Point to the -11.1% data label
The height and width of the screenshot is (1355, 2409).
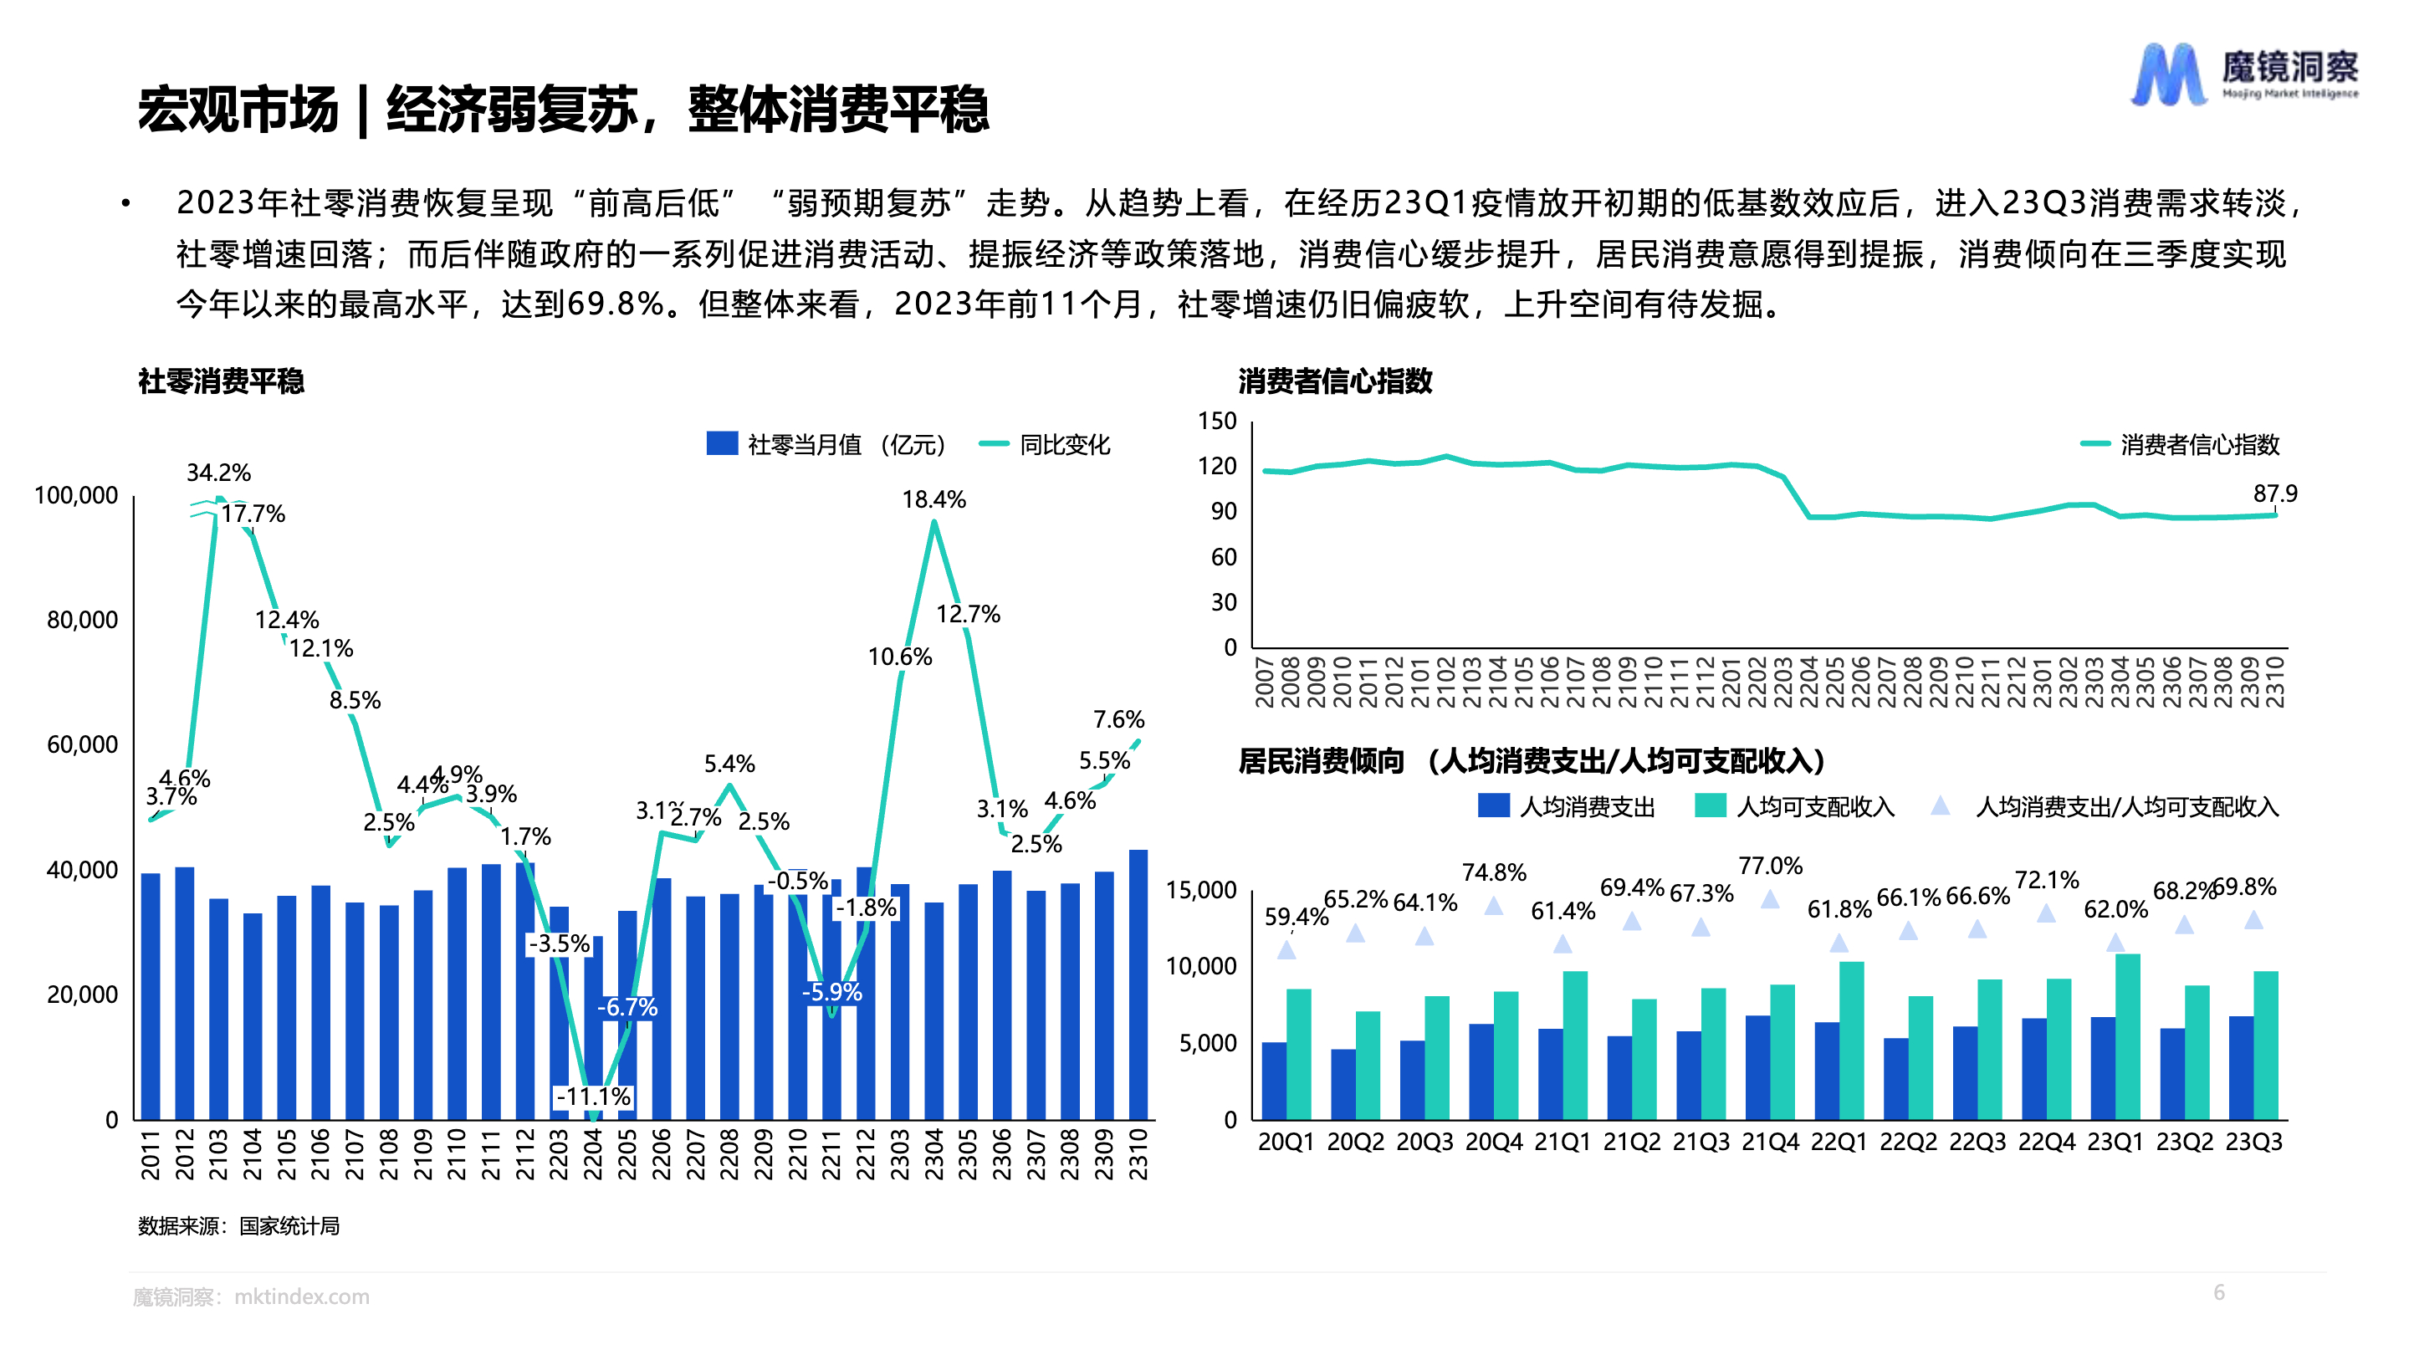coord(593,1096)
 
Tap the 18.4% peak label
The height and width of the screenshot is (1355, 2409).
coord(933,499)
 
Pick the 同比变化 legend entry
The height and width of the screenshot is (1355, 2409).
coord(1046,444)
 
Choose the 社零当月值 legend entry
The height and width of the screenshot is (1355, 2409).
coord(826,444)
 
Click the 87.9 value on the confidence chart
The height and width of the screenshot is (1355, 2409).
coord(2274,493)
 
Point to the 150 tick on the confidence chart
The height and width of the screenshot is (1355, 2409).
coord(1217,421)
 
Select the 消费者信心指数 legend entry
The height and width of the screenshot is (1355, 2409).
coord(2181,444)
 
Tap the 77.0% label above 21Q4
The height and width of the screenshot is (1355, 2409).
coord(1769,865)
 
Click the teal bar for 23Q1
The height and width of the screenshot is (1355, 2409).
coord(2127,1036)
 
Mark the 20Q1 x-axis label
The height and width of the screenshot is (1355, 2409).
coord(1286,1142)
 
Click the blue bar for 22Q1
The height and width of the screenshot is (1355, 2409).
coord(1826,1070)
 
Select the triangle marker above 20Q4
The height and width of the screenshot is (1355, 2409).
coord(1493,905)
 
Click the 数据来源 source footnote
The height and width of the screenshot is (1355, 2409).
coord(238,1225)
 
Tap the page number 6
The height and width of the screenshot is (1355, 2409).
coord(2218,1291)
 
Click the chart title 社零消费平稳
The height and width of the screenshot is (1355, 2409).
coord(221,381)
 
